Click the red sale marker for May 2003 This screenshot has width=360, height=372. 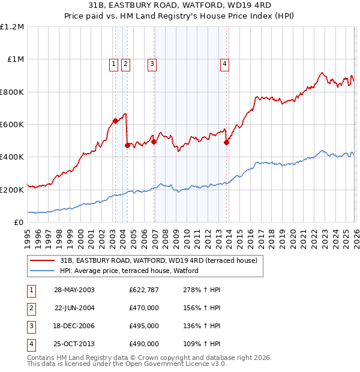pyautogui.click(x=115, y=121)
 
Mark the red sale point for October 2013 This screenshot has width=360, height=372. pyautogui.click(x=226, y=142)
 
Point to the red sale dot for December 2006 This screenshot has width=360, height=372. pyautogui.click(x=154, y=142)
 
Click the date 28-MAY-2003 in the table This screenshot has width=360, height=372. pyautogui.click(x=74, y=290)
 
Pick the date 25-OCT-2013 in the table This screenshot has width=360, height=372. pyautogui.click(x=74, y=344)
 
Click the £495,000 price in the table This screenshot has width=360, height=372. pyautogui.click(x=143, y=326)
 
